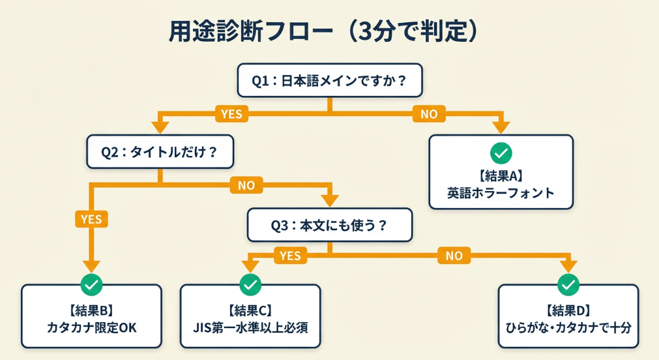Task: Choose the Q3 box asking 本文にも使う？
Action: coord(329,226)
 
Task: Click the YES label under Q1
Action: coord(231,113)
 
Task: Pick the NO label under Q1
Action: coord(428,113)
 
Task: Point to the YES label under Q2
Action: coord(91,218)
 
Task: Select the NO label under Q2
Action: coord(246,186)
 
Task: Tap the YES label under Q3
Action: coord(290,255)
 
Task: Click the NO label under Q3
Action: coord(454,255)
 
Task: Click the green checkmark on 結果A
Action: coord(501,153)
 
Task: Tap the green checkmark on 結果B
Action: coord(91,284)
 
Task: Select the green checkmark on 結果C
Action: coord(250,284)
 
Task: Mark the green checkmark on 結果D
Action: coord(568,284)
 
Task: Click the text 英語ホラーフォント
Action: coord(501,193)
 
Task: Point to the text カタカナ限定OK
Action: coord(91,327)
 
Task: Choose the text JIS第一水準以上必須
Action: coord(250,327)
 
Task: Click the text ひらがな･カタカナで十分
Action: coord(568,327)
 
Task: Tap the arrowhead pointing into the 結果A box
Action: coord(501,127)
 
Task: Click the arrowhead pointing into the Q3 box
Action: coord(330,201)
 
